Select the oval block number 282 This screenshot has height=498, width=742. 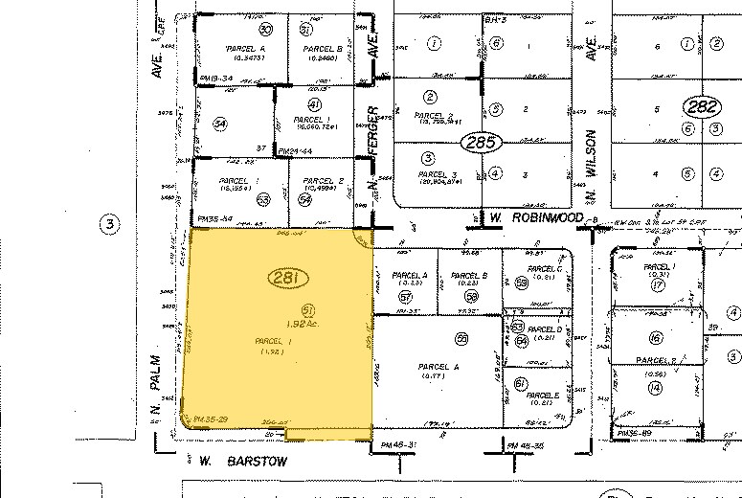coord(703,105)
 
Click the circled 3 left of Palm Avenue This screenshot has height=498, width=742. coord(110,226)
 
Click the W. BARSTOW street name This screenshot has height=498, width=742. coord(244,460)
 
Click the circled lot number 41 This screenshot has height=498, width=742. coord(312,103)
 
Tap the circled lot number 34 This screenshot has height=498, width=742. coord(221,124)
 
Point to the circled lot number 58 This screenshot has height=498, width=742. coord(470,297)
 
